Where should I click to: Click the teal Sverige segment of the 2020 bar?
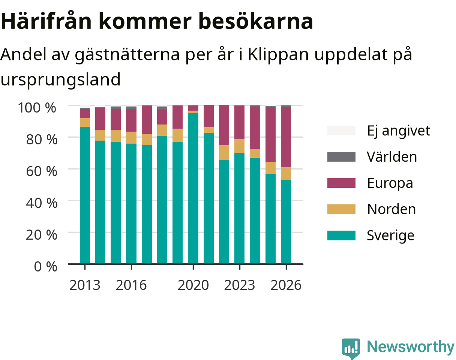[193, 188]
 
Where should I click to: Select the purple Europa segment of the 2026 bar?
[286, 137]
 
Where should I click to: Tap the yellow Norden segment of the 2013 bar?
[85, 122]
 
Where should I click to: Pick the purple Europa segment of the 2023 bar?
[240, 123]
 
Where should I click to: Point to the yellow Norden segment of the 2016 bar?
[131, 138]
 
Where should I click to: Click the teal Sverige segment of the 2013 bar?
[85, 195]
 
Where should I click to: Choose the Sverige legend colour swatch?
[341, 235]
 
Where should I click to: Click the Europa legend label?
[390, 183]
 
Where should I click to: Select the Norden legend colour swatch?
[341, 209]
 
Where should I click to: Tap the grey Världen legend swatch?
[341, 157]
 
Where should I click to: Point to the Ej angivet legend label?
[399, 131]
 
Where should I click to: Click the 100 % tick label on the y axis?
[37, 108]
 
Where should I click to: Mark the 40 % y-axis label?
[42, 203]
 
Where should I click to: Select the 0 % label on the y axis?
[45, 267]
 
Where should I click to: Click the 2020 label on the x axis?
[193, 285]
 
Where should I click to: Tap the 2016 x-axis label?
[131, 285]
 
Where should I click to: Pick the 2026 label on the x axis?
[286, 285]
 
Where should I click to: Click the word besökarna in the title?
[256, 21]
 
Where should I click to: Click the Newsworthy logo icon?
[351, 348]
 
